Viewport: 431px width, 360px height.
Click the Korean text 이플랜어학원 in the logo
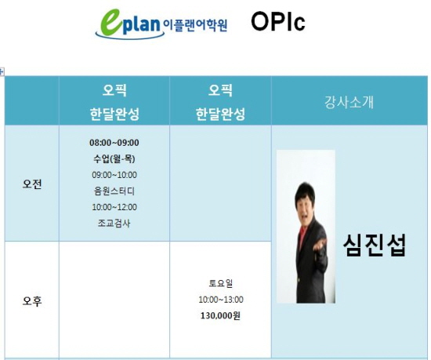195,26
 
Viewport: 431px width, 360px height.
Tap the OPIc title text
278,22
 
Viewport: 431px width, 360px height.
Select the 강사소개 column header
349,102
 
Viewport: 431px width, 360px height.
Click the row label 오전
32,184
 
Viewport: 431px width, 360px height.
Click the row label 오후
32,301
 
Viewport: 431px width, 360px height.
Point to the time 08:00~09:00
114,143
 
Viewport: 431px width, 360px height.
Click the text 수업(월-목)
114,158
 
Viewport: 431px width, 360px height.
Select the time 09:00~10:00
114,175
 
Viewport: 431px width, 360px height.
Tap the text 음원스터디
114,191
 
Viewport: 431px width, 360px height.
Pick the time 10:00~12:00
114,207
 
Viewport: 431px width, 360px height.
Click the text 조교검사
114,223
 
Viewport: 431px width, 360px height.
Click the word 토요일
220,283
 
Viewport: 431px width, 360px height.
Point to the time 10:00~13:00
221,300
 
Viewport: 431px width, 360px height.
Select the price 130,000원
220,315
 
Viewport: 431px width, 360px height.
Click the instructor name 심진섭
375,245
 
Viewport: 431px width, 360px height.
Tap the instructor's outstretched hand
320,244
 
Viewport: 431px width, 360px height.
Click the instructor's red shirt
302,236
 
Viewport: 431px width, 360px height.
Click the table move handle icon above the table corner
2,72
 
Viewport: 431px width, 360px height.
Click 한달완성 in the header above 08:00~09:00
114,114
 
